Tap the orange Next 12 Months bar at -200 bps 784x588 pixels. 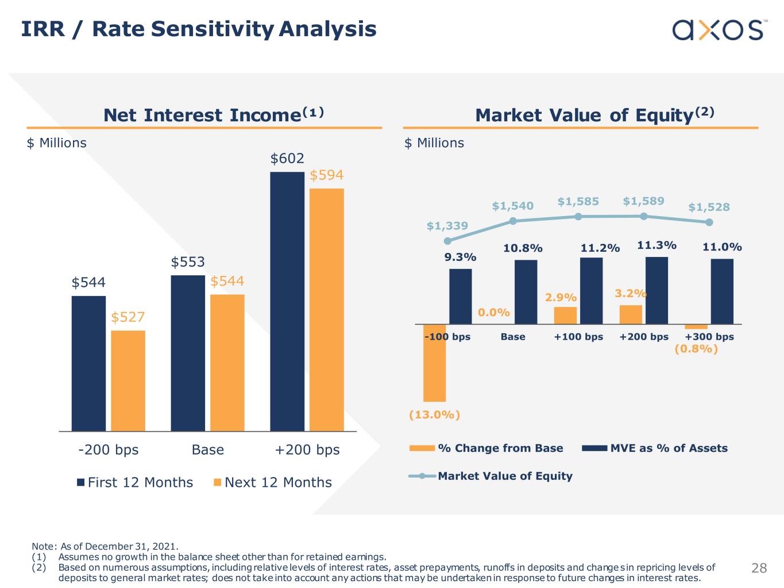[128, 381]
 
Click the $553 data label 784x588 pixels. [188, 262]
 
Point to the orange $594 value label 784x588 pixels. [326, 175]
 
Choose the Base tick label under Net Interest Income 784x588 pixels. [208, 449]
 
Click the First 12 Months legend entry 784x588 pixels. [136, 482]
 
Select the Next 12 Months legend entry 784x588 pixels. [273, 482]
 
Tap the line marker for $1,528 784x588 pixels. [709, 222]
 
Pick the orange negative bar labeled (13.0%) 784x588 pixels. [434, 363]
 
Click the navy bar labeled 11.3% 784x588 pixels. [656, 290]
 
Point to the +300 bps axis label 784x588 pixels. [709, 337]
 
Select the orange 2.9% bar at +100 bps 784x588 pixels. [565, 316]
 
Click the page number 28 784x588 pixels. [759, 568]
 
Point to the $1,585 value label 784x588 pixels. [578, 202]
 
